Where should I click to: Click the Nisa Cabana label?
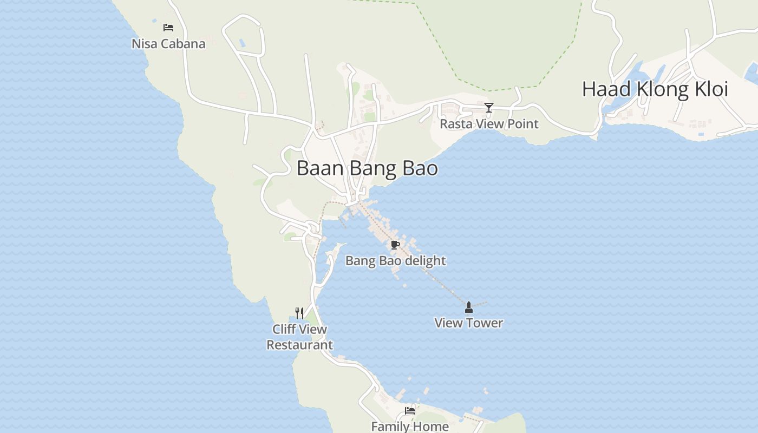click(x=168, y=44)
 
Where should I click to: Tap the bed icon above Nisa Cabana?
click(x=168, y=27)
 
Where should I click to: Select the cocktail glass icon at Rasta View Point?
click(x=489, y=108)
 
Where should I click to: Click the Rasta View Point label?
click(x=489, y=124)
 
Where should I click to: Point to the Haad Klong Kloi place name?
click(x=655, y=89)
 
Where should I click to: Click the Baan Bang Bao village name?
click(x=367, y=168)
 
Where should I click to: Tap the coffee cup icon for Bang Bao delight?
click(x=395, y=245)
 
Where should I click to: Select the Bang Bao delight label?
click(x=395, y=261)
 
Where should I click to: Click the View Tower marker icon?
click(x=469, y=307)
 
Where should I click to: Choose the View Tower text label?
click(x=469, y=323)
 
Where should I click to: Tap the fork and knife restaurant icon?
click(x=299, y=313)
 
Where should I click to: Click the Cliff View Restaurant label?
click(x=299, y=337)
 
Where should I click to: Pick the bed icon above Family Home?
click(x=410, y=411)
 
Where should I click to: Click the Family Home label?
click(x=410, y=427)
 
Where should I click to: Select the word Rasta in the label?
click(x=454, y=124)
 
